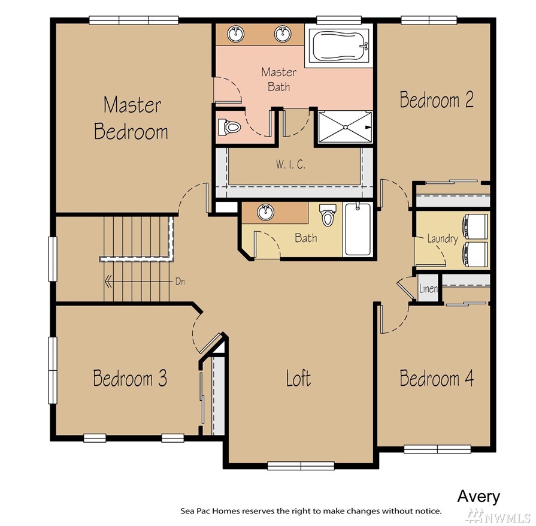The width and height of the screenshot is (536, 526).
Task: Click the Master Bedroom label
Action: pyautogui.click(x=131, y=119)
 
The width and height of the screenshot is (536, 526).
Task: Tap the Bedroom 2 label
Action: pyautogui.click(x=437, y=99)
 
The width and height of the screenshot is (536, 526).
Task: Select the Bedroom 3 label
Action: pyautogui.click(x=130, y=378)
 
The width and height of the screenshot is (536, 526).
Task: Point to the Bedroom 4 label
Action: pyautogui.click(x=437, y=378)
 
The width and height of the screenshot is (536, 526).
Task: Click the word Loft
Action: pyautogui.click(x=298, y=378)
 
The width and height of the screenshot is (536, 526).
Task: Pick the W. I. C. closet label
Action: pyautogui.click(x=290, y=165)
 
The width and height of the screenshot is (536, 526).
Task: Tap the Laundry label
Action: pyautogui.click(x=443, y=238)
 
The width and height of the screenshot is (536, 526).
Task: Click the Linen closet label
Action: pyautogui.click(x=428, y=289)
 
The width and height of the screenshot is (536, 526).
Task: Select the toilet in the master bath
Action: pyautogui.click(x=229, y=126)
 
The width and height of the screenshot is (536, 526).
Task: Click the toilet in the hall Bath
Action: pyautogui.click(x=327, y=215)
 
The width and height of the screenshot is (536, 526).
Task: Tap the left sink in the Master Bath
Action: pyautogui.click(x=235, y=34)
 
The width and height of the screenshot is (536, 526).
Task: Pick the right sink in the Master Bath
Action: pyautogui.click(x=283, y=34)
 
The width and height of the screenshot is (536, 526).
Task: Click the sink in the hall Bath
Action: pyautogui.click(x=266, y=213)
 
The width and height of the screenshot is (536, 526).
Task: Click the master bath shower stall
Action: pyautogui.click(x=345, y=127)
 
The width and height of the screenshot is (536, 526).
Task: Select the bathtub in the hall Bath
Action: pyautogui.click(x=358, y=229)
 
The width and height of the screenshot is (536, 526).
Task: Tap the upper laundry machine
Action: pyautogui.click(x=475, y=226)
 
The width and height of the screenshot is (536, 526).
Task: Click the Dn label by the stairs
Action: pyautogui.click(x=180, y=282)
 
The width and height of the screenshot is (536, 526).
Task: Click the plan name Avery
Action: pyautogui.click(x=479, y=496)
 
